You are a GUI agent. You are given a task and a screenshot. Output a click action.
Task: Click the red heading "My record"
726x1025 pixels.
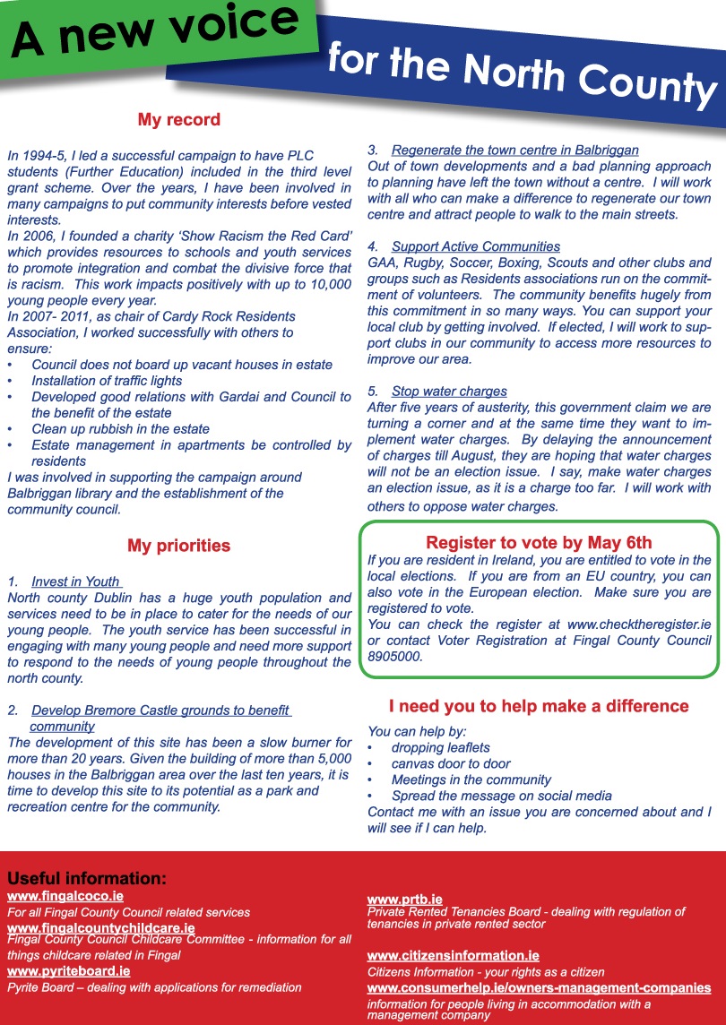178,120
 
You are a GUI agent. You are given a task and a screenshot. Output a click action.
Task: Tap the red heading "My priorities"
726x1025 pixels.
178,546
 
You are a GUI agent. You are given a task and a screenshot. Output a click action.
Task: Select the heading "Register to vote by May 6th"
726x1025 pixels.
539,543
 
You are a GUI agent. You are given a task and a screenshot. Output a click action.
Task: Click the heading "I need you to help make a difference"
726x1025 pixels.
539,706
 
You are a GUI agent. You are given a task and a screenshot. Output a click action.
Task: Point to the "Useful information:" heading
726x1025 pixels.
87,878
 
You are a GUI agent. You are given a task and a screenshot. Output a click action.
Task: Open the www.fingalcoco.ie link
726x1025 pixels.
65,896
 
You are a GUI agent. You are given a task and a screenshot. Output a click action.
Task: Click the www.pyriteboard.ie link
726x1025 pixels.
69,970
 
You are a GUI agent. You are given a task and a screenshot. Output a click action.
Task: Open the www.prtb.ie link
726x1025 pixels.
405,899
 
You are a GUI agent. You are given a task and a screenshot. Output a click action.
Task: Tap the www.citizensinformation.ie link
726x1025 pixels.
454,956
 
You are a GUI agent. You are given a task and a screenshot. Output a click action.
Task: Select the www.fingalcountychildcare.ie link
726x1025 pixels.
101,927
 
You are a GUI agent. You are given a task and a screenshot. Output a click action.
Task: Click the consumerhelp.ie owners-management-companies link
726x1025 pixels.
539,988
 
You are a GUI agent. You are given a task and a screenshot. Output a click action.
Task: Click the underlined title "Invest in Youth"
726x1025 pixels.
75,581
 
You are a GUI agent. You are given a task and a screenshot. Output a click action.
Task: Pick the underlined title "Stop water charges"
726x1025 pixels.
449,392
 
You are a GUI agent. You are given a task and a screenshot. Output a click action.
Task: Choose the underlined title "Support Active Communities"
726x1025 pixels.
476,246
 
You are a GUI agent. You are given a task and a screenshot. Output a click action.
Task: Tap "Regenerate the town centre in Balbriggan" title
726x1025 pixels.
515,150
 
